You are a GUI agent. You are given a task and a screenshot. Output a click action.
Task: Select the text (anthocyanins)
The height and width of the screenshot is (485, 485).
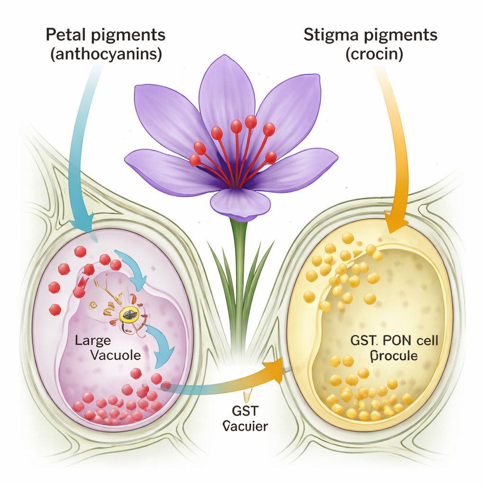pyautogui.click(x=106, y=54)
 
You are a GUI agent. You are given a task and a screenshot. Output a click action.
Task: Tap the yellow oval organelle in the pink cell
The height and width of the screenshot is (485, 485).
pyautogui.click(x=128, y=313)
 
